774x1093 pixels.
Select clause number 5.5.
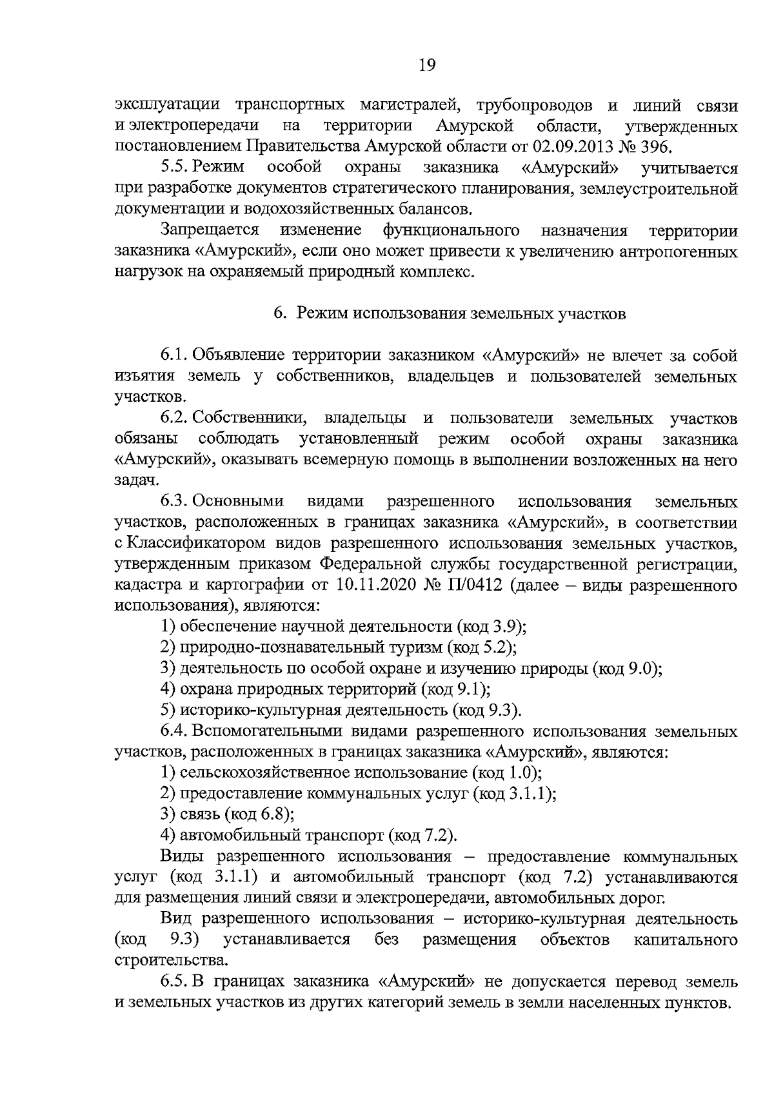tap(174, 168)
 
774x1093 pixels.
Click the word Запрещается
tap(210, 230)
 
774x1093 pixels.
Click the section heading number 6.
tap(279, 313)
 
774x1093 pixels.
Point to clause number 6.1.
tap(174, 355)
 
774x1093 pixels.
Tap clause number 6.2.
tap(174, 418)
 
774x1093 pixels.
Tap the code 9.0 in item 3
tap(642, 668)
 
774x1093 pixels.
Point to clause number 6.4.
tap(174, 731)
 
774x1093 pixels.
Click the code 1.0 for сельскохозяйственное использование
tap(523, 773)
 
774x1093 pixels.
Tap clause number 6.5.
tap(174, 982)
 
